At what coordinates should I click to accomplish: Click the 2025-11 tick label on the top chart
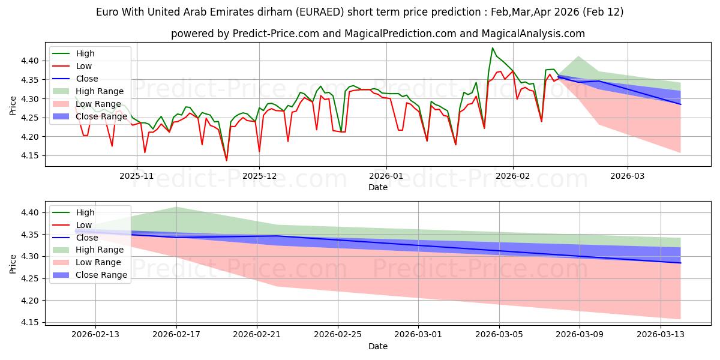137,175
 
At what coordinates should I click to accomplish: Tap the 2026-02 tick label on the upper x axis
513,175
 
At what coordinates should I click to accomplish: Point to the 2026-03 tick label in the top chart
628,175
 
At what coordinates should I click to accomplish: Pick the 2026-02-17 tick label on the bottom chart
176,334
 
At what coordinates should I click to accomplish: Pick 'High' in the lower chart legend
85,212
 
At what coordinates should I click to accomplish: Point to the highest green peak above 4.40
493,48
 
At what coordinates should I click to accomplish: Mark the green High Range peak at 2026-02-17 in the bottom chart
176,208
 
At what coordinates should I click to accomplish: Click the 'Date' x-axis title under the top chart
378,187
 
